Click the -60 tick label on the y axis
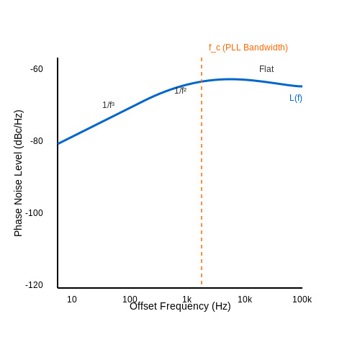pos(37,69)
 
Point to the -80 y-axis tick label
pos(37,141)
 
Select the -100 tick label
pos(34,213)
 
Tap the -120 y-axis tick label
pos(34,285)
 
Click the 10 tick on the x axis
pos(72,300)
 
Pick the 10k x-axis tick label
pos(245,300)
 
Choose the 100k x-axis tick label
pos(302,300)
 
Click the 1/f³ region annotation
pos(109,105)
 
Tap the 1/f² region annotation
pos(181,91)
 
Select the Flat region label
pos(266,69)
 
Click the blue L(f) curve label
pos(296,98)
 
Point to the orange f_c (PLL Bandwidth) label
pos(248,48)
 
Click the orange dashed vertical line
pos(202,171)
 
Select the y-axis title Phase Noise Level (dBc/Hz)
pos(18,174)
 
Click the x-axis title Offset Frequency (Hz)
pos(180,307)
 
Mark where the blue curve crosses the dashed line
pos(202,81)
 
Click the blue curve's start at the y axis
pos(58,144)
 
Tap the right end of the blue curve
pos(302,86)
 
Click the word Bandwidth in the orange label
pos(266,48)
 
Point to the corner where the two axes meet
pos(58,288)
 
